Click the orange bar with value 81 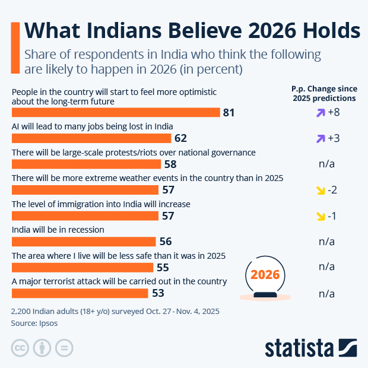116,112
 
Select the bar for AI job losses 92,138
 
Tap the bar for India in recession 84,241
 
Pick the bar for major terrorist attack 80,293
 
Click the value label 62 181,138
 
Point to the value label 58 170,164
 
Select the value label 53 157,293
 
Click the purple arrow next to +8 321,112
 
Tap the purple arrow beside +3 321,138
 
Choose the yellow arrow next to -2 321,190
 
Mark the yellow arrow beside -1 321,215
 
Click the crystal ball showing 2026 265,277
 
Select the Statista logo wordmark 300,348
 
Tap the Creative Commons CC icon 20,348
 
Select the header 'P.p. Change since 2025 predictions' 324,93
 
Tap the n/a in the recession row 326,241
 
